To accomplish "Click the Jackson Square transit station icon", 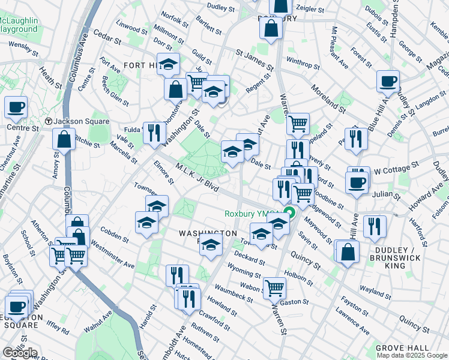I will (49, 121).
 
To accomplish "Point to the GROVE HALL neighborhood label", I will (402, 348).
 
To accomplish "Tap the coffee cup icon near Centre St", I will (16, 107).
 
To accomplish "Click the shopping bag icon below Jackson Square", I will (64, 139).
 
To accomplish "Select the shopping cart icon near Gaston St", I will (274, 287).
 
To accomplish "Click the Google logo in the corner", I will (19, 353).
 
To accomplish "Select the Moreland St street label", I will (328, 99).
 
